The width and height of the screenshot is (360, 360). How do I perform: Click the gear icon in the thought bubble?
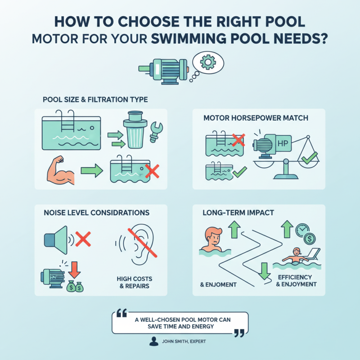click(x=207, y=63)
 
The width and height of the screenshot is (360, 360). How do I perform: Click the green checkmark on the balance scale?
click(x=309, y=157)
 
